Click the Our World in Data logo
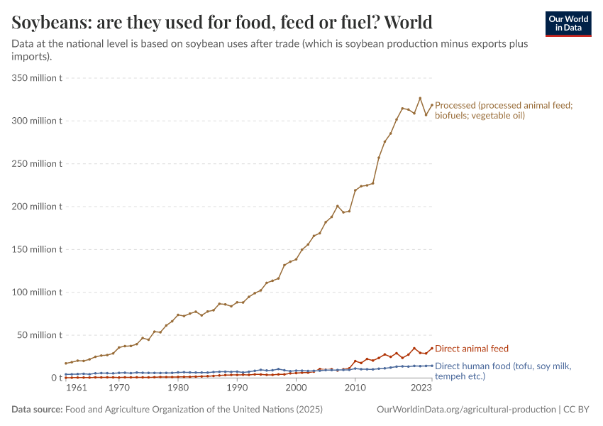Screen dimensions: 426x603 point(568,23)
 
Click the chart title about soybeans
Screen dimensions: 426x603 point(222,23)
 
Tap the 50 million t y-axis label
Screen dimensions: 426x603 point(41,335)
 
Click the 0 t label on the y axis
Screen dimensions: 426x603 point(56,378)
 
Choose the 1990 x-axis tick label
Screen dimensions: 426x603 point(237,388)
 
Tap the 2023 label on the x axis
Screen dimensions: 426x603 point(421,388)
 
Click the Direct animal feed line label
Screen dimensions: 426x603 point(471,349)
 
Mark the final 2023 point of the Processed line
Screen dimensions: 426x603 point(432,105)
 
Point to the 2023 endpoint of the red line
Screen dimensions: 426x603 point(432,349)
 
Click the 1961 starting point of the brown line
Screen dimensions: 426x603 point(66,364)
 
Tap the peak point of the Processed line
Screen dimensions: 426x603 point(420,98)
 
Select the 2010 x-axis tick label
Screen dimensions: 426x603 point(355,388)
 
